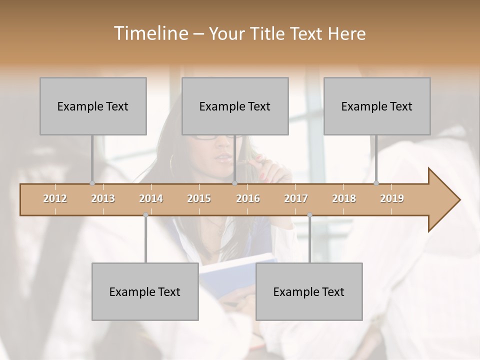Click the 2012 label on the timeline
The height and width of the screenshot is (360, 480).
(x=55, y=198)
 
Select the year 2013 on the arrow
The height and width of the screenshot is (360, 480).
(x=103, y=198)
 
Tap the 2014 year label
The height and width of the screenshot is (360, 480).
(x=151, y=198)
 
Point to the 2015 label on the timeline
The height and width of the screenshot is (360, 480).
(x=199, y=198)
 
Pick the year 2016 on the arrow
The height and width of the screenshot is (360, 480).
(x=248, y=198)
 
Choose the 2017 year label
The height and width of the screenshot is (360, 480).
(x=296, y=198)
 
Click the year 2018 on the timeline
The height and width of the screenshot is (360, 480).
(x=344, y=198)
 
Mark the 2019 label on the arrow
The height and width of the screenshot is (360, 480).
(x=392, y=198)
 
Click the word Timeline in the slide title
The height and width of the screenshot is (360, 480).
(x=150, y=33)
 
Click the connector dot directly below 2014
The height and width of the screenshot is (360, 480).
(x=145, y=215)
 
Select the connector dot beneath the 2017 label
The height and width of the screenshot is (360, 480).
(x=309, y=215)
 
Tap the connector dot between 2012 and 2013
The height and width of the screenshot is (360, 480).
(x=92, y=183)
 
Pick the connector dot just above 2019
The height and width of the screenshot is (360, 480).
(x=376, y=183)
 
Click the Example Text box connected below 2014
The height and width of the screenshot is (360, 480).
(x=145, y=291)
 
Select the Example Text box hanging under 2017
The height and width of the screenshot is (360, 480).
(x=309, y=291)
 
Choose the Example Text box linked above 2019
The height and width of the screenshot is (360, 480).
(x=377, y=106)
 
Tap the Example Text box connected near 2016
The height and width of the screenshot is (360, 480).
(x=235, y=106)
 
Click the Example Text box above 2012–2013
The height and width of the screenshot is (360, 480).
(x=93, y=106)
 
